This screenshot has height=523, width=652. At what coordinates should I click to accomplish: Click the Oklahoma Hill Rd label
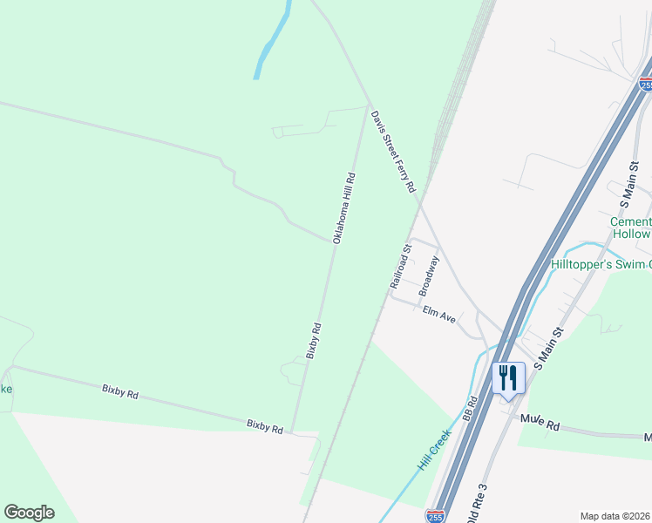click(344, 207)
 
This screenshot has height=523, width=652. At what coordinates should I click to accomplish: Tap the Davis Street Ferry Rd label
click(393, 152)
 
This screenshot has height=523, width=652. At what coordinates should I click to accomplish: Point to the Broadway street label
click(429, 275)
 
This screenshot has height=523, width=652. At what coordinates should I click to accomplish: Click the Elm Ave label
click(439, 315)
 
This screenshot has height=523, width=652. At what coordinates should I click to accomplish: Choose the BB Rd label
click(472, 410)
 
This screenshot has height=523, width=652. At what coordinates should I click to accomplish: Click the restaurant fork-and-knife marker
click(508, 378)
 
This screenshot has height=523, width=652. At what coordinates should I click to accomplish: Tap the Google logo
click(29, 513)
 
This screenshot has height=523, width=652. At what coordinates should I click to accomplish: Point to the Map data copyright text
click(615, 515)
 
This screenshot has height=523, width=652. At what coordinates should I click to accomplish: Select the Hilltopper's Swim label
click(601, 264)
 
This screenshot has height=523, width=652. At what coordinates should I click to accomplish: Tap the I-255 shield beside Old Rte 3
click(435, 516)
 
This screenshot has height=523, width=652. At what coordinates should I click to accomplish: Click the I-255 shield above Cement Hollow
click(645, 84)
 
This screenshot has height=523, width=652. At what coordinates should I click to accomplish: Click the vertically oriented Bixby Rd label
click(316, 341)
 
